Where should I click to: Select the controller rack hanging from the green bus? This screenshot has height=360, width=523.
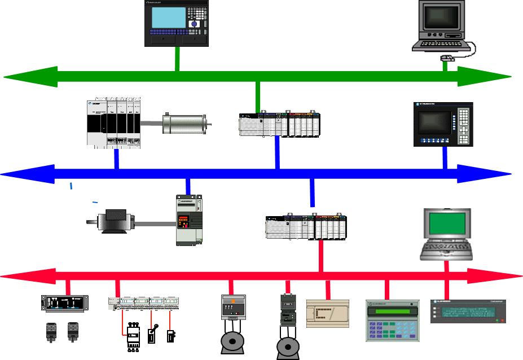pos(279,125)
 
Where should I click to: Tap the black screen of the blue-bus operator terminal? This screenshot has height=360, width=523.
pos(434,122)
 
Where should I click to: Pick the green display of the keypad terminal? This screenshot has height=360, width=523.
pos(393,311)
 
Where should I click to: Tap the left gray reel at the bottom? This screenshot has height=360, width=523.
pos(232,343)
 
